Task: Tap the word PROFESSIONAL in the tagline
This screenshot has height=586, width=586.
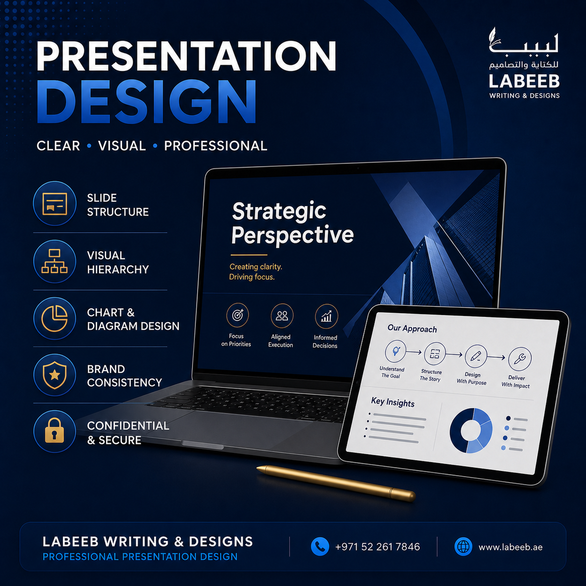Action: click(x=215, y=146)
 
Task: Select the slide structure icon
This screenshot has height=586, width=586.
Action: click(x=55, y=203)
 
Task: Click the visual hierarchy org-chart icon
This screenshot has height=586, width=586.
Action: click(x=55, y=261)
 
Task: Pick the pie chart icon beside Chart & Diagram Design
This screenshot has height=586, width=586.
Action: click(x=55, y=318)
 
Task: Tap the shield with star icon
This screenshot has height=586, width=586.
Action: click(x=55, y=375)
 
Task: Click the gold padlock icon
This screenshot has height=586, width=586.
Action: click(x=55, y=431)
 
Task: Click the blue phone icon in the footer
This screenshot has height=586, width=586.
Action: click(x=320, y=546)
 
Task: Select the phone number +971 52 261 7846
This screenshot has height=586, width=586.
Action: click(x=378, y=547)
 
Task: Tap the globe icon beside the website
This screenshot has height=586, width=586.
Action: click(x=463, y=546)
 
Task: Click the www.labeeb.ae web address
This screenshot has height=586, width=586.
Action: click(x=511, y=547)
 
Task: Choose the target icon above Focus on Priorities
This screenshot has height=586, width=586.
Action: click(x=237, y=315)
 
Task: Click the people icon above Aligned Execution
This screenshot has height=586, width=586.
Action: click(x=282, y=316)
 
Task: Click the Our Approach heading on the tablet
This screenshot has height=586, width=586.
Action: click(x=412, y=329)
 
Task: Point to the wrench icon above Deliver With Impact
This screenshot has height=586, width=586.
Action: click(x=520, y=359)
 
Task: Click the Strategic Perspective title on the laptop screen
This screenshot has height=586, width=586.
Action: click(x=293, y=223)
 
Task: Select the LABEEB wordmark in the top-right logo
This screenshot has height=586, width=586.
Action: click(x=524, y=81)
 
